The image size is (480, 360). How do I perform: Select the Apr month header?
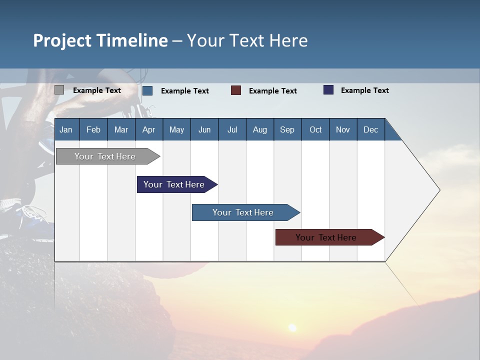tap(149, 129)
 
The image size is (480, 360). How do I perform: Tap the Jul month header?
tap(232, 129)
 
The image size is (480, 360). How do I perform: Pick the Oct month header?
tap(315, 129)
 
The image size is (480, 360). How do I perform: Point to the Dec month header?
tap(371, 129)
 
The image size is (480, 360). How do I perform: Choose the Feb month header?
tap(93, 129)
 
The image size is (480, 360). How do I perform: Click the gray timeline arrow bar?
tap(108, 156)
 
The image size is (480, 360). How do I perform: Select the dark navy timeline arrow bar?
tap(177, 184)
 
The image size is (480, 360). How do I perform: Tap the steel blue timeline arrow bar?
tap(246, 212)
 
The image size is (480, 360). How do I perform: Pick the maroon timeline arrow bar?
tap(330, 237)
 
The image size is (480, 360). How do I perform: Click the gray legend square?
tap(59, 90)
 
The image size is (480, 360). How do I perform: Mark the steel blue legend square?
tap(147, 90)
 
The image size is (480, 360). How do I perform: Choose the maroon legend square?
tap(235, 90)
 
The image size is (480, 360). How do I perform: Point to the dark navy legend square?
tap(328, 89)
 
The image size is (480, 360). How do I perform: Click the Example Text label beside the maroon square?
tap(273, 91)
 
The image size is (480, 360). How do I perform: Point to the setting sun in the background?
tap(292, 328)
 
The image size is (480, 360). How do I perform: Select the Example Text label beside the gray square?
tap(96, 90)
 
